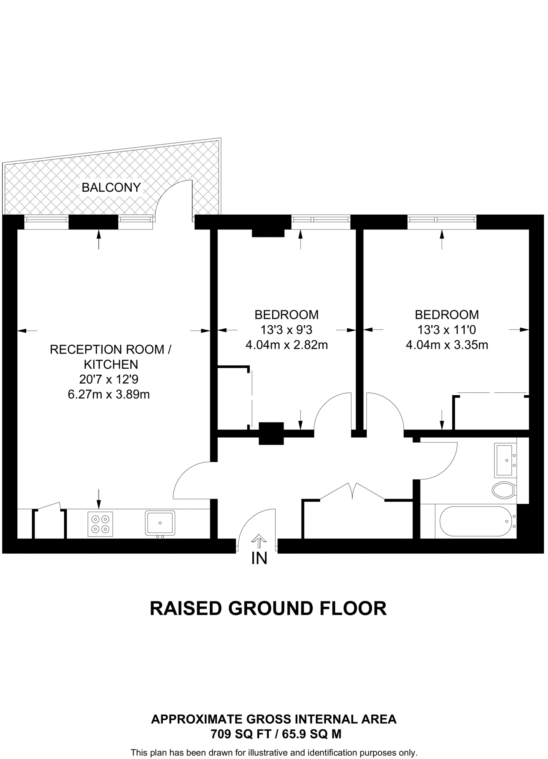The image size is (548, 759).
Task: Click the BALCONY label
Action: pyautogui.click(x=111, y=188)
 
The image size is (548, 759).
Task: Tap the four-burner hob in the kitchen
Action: pyautogui.click(x=100, y=524)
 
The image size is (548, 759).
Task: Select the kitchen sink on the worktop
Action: pyautogui.click(x=160, y=523)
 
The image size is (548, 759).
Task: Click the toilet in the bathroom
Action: pyautogui.click(x=504, y=490)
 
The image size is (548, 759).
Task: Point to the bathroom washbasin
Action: pyautogui.click(x=504, y=461)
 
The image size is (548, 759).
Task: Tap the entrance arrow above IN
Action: pyautogui.click(x=259, y=541)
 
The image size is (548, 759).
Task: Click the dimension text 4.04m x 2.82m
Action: pyautogui.click(x=286, y=345)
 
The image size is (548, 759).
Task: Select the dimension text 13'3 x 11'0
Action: pyautogui.click(x=447, y=330)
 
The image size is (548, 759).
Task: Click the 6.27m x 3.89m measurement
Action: pyautogui.click(x=109, y=394)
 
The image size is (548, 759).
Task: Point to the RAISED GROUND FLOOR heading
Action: pyautogui.click(x=268, y=609)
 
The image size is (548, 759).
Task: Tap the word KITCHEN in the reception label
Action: pyautogui.click(x=111, y=365)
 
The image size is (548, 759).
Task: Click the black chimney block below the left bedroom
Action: pyautogui.click(x=271, y=433)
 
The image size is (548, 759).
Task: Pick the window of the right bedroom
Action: pyautogui.click(x=442, y=219)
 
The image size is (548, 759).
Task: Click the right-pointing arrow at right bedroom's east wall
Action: pyautogui.click(x=519, y=329)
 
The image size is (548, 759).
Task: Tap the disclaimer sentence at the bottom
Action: pyautogui.click(x=274, y=753)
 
